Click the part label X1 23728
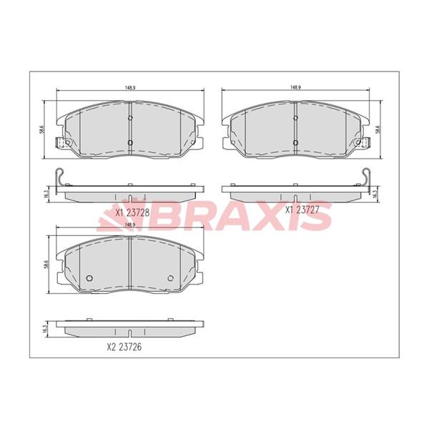pos(132,212)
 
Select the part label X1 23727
pos(302,209)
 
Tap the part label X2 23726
pos(124,347)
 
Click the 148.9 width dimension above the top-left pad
pos(131,87)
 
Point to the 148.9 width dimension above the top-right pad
pos(295,87)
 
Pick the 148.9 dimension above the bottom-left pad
pos(130,225)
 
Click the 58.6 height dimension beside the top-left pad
pos(41,129)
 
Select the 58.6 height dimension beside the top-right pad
pos(378,129)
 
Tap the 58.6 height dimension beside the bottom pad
pos(46,265)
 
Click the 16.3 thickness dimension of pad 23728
pos(46,194)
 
